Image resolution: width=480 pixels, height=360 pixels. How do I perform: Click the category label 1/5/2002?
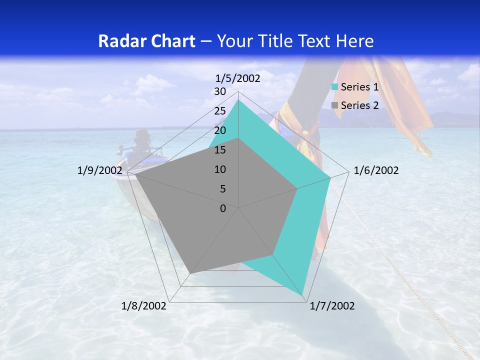[238, 78]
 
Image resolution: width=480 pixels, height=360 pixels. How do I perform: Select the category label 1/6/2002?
[376, 170]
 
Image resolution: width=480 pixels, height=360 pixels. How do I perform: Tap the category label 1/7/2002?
[332, 306]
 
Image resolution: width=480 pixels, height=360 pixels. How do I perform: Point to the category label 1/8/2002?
[144, 306]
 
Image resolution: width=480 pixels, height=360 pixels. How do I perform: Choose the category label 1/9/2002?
[100, 170]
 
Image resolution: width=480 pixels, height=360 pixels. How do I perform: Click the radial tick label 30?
[220, 91]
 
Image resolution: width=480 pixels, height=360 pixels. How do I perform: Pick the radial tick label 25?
[220, 111]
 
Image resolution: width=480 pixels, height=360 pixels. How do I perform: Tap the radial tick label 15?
[220, 150]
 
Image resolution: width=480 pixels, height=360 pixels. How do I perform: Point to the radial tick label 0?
[223, 208]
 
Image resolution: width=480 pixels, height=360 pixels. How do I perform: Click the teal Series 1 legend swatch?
[335, 87]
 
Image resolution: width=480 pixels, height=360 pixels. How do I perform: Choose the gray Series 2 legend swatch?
[335, 105]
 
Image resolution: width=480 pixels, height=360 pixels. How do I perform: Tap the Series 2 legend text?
[359, 105]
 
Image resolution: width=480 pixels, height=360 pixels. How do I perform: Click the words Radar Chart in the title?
[146, 41]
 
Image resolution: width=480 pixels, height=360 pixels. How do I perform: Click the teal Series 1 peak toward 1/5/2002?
[238, 100]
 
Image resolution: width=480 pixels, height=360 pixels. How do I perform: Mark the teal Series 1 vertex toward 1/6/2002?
[330, 177]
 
